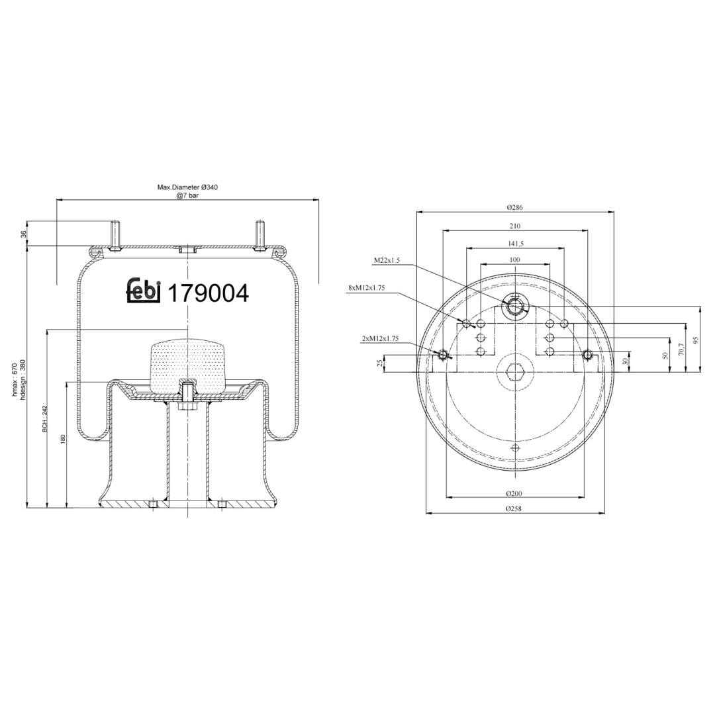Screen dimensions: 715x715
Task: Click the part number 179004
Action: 209,293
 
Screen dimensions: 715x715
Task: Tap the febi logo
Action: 144,291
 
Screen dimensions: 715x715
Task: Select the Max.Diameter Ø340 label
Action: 188,187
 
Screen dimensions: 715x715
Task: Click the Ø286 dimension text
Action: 515,207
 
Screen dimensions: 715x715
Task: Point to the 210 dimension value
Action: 515,226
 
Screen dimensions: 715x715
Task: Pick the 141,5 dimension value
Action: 516,244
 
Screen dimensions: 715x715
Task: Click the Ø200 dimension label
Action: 514,493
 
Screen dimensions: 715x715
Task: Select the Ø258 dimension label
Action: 514,509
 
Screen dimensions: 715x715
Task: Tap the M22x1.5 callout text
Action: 387,260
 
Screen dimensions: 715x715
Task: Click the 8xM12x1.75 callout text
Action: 367,288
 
